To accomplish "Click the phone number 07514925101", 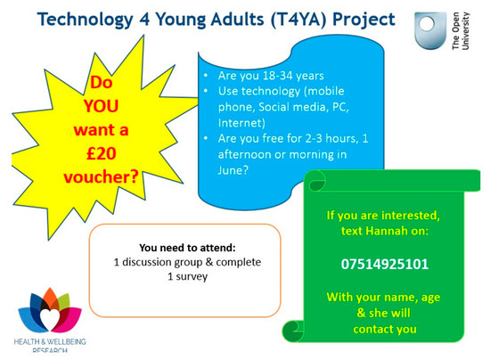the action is tap(384, 265).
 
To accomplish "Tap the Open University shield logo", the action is tap(430, 30).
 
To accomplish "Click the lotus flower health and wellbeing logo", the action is tap(50, 310).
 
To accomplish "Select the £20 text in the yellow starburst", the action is tap(102, 153).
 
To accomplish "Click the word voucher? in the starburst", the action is tap(101, 177).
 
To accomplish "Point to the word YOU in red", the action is tap(101, 106).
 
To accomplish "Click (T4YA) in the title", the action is tap(298, 20).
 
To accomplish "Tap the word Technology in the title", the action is tap(86, 20).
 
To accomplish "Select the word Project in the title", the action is tap(363, 20).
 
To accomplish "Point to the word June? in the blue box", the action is tap(233, 170).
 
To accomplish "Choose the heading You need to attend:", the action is tap(187, 248).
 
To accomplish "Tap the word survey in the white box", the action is tap(192, 277).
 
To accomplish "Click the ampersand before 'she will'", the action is tap(361, 313).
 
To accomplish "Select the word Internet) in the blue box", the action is tap(241, 123).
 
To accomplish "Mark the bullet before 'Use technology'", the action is tap(206, 91).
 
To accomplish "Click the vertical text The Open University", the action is tap(461, 30).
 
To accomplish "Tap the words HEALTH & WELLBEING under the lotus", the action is tap(50, 341).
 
